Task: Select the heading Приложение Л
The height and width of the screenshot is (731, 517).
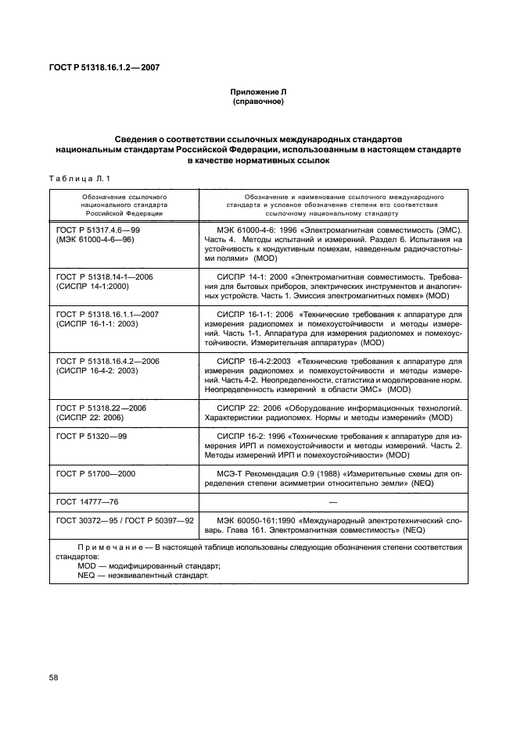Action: (258, 92)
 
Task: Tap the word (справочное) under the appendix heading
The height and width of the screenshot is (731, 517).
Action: (258, 102)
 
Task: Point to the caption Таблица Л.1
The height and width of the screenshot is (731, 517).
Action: (75, 178)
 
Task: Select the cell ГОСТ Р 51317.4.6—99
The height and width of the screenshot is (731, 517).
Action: (99, 231)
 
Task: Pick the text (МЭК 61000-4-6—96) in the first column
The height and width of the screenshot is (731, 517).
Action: (95, 241)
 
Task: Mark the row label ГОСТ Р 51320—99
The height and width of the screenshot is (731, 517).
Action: (92, 436)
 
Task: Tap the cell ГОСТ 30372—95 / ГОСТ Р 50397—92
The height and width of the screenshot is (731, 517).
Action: (125, 519)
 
